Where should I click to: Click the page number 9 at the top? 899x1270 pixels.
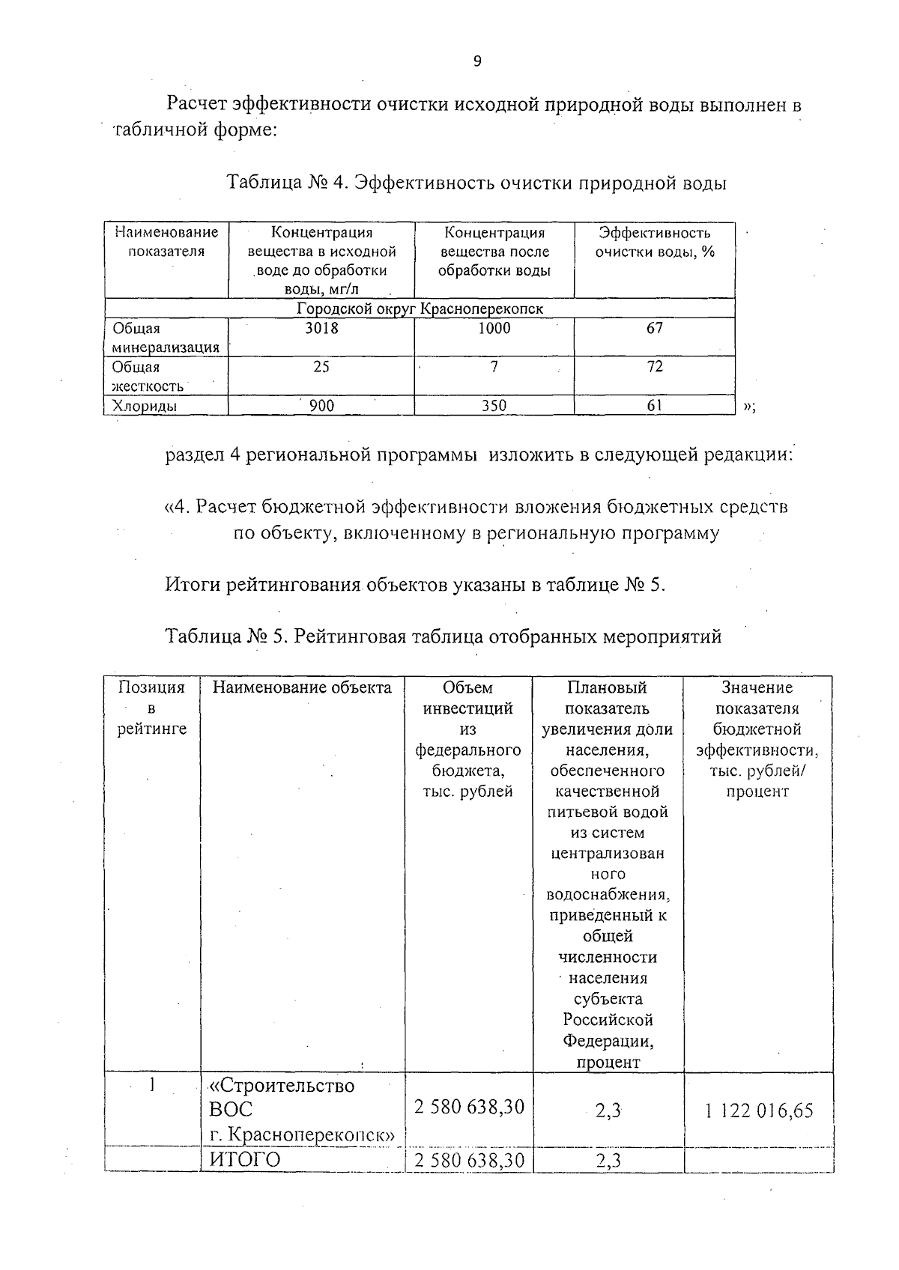click(477, 62)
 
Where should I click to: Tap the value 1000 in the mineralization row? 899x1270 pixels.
click(494, 328)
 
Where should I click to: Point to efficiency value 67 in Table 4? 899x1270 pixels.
click(655, 328)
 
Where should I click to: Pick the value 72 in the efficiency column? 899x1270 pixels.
click(655, 367)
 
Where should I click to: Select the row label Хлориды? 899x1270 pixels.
click(145, 406)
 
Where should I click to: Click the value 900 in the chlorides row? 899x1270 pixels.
click(321, 406)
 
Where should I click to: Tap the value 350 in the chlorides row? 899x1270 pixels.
click(494, 406)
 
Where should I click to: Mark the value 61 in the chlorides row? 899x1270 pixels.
click(655, 406)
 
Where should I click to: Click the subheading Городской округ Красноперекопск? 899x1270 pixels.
click(420, 309)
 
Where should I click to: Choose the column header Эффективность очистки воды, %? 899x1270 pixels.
click(655, 243)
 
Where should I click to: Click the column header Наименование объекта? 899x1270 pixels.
click(302, 687)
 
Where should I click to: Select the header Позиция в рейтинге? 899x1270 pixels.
click(152, 708)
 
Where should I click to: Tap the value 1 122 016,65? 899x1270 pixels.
click(759, 1111)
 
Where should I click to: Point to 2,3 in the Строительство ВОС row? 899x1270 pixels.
click(608, 1111)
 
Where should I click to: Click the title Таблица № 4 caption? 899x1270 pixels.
click(476, 183)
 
